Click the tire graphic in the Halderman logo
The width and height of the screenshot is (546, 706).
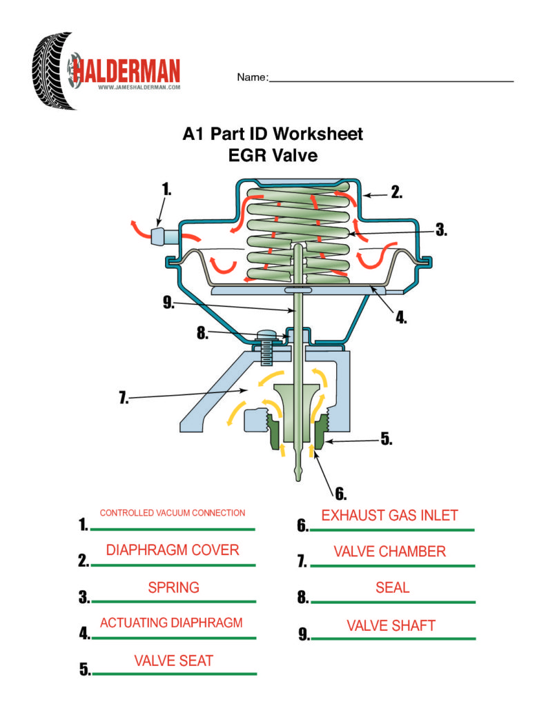click(52, 70)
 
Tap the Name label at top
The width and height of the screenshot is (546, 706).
click(251, 77)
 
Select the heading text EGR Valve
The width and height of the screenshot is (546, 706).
click(273, 155)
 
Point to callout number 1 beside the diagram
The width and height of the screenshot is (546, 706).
click(166, 188)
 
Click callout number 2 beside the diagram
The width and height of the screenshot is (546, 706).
click(396, 192)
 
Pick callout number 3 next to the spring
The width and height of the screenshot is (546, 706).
click(440, 231)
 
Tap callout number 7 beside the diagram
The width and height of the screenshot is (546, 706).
click(124, 399)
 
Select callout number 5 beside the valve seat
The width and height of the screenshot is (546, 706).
click(387, 438)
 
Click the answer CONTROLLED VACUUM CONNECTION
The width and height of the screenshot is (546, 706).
click(173, 513)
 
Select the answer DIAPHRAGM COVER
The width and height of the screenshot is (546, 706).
click(173, 549)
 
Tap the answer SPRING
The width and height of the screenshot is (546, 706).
click(174, 587)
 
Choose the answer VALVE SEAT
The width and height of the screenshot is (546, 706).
click(174, 660)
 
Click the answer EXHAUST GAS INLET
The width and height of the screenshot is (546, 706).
click(390, 515)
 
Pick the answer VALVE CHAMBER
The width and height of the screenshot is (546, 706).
click(390, 552)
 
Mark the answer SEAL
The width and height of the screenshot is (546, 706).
click(392, 588)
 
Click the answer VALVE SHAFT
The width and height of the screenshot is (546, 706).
click(391, 625)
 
